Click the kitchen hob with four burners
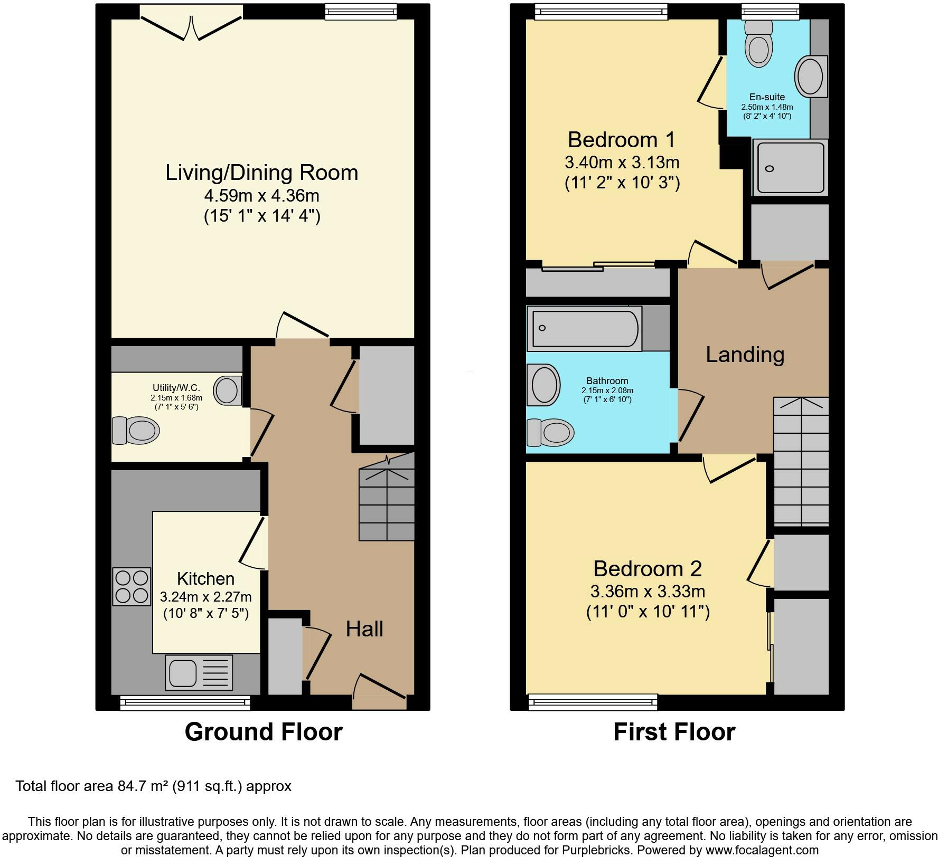pyautogui.click(x=132, y=586)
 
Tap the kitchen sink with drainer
pyautogui.click(x=199, y=672)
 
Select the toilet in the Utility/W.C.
pyautogui.click(x=136, y=430)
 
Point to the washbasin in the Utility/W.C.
pyautogui.click(x=228, y=391)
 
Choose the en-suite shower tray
pyautogui.click(x=790, y=167)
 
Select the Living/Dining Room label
pyautogui.click(x=262, y=173)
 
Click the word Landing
pyautogui.click(x=745, y=355)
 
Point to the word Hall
pyautogui.click(x=364, y=629)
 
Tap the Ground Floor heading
pyautogui.click(x=264, y=732)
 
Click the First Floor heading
pyautogui.click(x=674, y=732)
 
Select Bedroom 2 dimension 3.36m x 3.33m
pyautogui.click(x=648, y=591)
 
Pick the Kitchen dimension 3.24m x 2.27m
pyautogui.click(x=205, y=597)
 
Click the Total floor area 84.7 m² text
pyautogui.click(x=153, y=786)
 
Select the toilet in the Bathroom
pyautogui.click(x=550, y=433)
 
